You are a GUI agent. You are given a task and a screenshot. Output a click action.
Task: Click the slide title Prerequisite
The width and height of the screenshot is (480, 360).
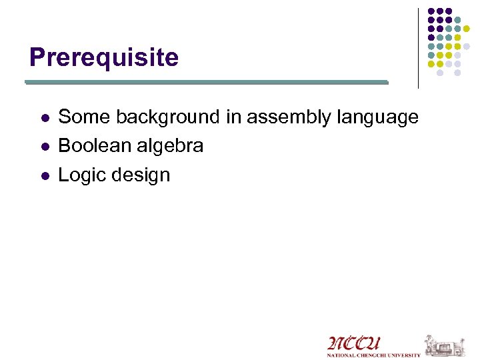104,58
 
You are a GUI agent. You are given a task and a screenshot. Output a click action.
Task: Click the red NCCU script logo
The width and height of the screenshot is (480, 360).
353,343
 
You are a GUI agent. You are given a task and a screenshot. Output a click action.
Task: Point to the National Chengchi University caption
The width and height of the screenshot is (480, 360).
373,355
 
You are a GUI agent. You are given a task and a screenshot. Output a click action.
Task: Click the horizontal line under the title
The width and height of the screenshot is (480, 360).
207,83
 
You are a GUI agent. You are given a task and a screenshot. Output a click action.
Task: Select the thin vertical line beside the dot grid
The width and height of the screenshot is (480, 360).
418,48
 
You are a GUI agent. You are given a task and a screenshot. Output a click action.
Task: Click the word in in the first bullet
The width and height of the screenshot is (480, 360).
233,117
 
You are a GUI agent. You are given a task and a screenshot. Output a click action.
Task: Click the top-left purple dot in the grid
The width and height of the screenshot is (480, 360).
431,11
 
